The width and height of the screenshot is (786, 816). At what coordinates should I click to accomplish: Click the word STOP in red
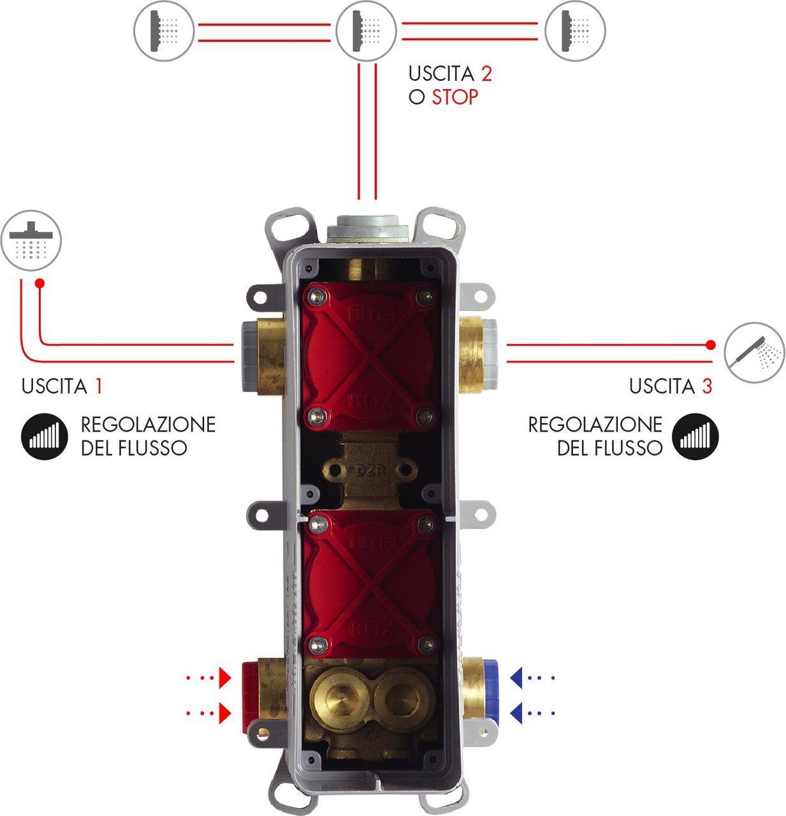455,98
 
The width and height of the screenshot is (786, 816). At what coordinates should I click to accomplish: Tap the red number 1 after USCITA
98,386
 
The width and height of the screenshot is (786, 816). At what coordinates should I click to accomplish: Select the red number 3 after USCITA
706,386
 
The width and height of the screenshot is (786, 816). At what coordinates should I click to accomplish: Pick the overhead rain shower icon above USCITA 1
31,241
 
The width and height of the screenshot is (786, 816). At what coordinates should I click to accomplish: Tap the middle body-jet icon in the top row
366,31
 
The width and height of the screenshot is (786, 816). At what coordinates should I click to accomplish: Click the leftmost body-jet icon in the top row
163,31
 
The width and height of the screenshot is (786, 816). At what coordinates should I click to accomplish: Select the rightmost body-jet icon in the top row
575,31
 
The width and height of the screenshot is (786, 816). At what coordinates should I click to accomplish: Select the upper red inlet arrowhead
224,678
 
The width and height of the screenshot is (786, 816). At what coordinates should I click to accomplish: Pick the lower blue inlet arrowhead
517,713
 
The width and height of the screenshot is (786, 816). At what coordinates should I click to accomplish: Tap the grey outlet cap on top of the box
366,228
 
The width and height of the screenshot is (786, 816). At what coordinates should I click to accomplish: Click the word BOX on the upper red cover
371,401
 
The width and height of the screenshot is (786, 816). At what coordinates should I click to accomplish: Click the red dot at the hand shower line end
711,345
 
